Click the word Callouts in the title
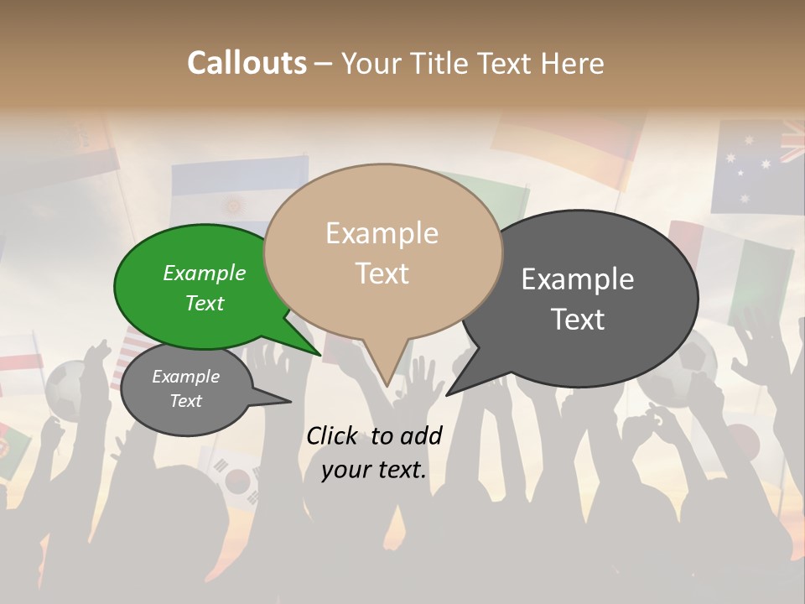pos(247,63)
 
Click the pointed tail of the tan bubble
pos(385,369)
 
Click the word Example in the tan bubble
pos(382,233)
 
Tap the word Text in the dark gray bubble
pos(577,320)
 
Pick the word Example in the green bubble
pos(204,273)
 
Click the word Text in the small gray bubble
pos(185,401)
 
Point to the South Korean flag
pos(236,477)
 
